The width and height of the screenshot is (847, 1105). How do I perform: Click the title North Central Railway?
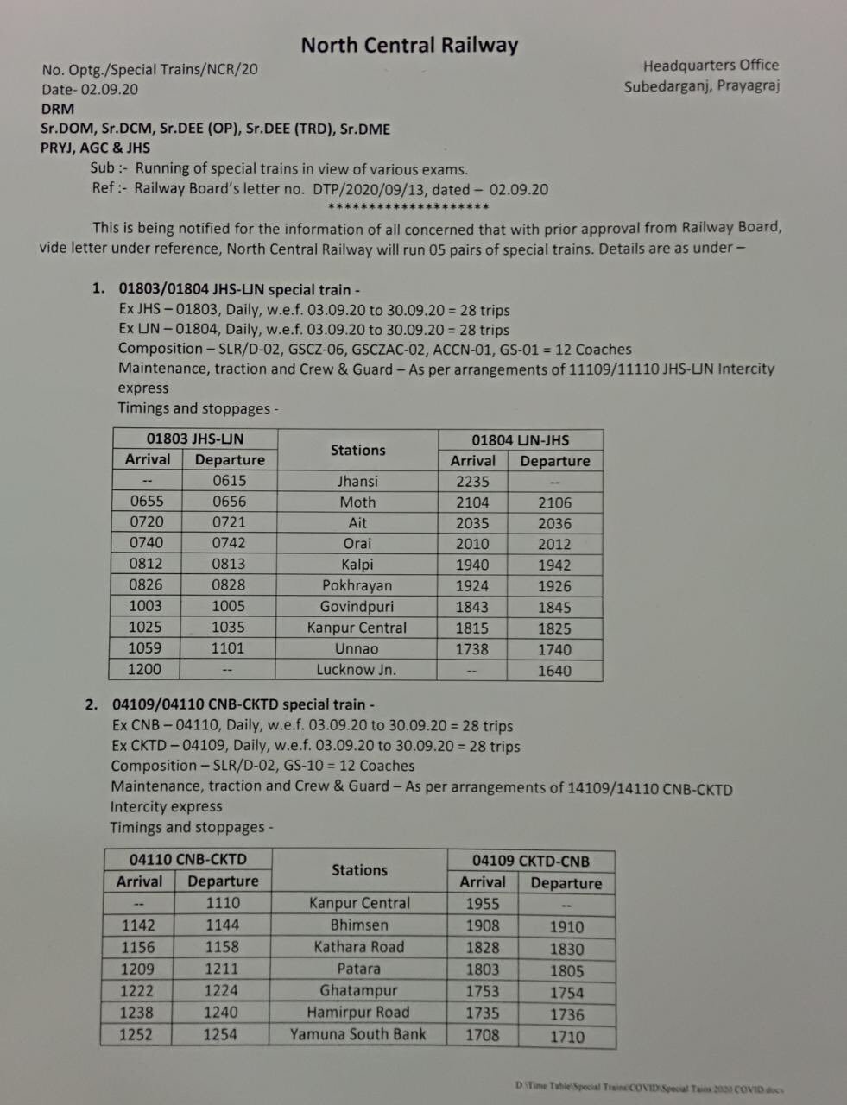coord(409,45)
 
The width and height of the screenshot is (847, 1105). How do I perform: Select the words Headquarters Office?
coord(711,65)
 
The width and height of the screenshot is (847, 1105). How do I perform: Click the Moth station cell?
coord(357,502)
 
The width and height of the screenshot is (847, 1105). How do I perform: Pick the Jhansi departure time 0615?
coord(229,480)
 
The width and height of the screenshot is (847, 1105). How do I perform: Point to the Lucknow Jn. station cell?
coord(357,669)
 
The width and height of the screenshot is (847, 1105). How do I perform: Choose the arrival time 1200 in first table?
coord(145,668)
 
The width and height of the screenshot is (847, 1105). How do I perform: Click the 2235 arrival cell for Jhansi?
coord(472,482)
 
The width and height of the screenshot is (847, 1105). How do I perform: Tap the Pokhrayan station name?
coord(357,585)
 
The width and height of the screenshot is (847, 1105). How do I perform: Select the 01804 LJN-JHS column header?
coord(520,440)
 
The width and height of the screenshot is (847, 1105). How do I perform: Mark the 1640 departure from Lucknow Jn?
coord(554,671)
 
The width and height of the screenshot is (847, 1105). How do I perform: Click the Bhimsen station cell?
coord(359,925)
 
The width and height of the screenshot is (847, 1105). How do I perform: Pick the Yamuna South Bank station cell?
coord(358,1033)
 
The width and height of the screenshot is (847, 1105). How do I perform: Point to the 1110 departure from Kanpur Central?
coord(223,903)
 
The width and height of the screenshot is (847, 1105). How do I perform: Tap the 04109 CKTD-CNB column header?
coord(531,861)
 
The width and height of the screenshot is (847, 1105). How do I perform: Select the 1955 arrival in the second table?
coord(483,903)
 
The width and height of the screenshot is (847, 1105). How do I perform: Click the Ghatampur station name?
coord(358,990)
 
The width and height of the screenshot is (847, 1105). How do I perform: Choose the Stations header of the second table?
coord(359,870)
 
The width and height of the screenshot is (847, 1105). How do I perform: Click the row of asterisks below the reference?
coord(409,207)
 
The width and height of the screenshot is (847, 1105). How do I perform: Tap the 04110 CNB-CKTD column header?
coord(188,859)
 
